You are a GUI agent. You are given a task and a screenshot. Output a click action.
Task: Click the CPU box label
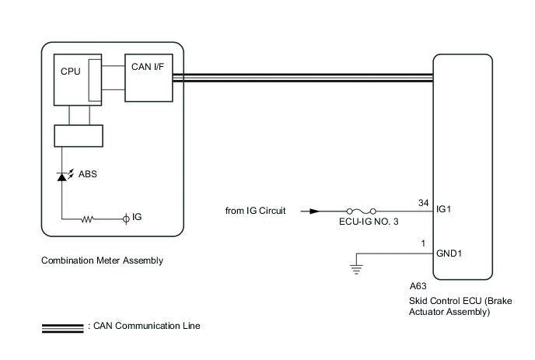click(70, 71)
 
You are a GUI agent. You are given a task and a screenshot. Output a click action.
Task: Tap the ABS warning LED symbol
click(63, 177)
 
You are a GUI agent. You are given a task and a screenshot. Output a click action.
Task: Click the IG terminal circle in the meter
click(126, 220)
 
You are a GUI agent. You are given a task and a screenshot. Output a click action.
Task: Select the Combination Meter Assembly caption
click(102, 260)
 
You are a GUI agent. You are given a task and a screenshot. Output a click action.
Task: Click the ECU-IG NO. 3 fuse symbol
click(362, 211)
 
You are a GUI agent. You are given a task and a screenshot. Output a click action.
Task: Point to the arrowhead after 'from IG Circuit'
click(314, 211)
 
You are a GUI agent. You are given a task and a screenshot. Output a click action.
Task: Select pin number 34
click(423, 203)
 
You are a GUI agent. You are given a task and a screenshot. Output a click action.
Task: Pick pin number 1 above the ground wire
click(423, 245)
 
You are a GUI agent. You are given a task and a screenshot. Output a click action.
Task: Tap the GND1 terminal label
click(450, 253)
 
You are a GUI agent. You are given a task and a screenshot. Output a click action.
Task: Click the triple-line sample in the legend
click(63, 326)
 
